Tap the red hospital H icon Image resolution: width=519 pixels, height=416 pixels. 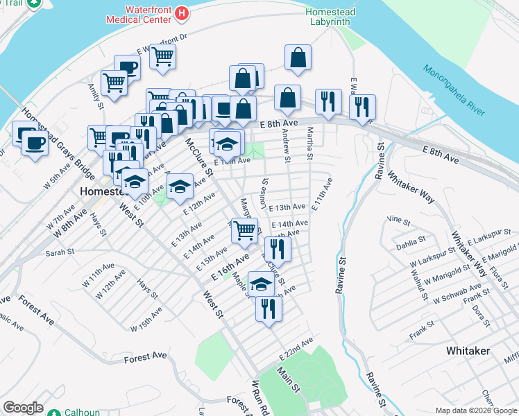[x=182, y=12]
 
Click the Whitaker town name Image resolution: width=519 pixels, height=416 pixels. [x=469, y=351]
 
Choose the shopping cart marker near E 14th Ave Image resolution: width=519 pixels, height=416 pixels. [x=244, y=229]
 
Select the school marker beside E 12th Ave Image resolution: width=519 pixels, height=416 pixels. [x=180, y=185]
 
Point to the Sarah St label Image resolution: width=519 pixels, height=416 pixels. [x=60, y=253]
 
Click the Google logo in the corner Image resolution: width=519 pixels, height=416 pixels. [x=23, y=408]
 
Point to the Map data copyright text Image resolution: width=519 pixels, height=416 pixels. [x=475, y=410]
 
